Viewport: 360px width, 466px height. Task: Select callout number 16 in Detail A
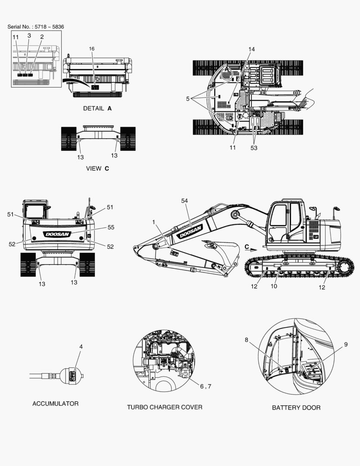[x=91, y=49]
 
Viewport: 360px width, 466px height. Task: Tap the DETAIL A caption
[x=97, y=108]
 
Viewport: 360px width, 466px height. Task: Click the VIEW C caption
[x=97, y=168]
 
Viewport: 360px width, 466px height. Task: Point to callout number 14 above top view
[x=251, y=49]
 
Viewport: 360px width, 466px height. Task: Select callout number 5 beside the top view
[x=188, y=99]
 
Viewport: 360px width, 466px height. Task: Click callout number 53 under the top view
[x=254, y=148]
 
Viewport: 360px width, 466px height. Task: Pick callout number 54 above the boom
[x=185, y=201]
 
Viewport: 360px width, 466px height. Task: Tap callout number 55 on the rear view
[x=111, y=227]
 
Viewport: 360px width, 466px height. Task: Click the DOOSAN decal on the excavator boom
[x=191, y=232]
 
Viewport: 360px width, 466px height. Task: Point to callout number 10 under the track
[x=274, y=286]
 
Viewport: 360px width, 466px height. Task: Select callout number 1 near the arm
[x=153, y=222]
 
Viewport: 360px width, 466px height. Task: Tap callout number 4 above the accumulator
[x=81, y=346]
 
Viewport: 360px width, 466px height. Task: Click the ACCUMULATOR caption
[x=56, y=403]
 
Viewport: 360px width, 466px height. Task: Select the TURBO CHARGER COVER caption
[x=165, y=407]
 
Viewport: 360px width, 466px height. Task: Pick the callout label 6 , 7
[x=206, y=386]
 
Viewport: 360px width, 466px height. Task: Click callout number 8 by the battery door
[x=246, y=340]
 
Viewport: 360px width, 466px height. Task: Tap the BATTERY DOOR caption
[x=296, y=407]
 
